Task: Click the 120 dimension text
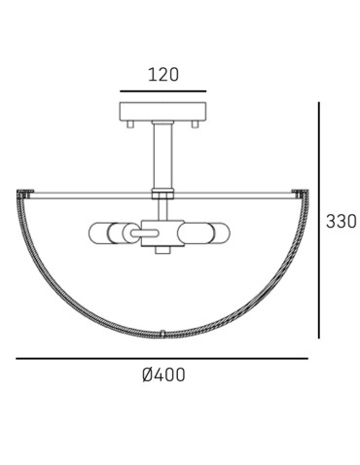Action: pos(162,74)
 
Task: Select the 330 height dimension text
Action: pos(341,222)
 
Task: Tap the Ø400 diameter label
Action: pos(162,375)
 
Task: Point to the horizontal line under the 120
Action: pos(162,91)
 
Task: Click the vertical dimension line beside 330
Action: pos(319,222)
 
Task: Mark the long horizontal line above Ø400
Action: pos(162,358)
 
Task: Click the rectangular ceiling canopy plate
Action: pos(162,111)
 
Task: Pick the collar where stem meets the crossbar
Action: pos(162,189)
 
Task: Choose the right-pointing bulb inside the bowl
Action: pos(213,233)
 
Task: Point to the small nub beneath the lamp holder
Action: pos(162,252)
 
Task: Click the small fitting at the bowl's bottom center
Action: pos(162,332)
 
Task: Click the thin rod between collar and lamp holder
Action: pos(162,205)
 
